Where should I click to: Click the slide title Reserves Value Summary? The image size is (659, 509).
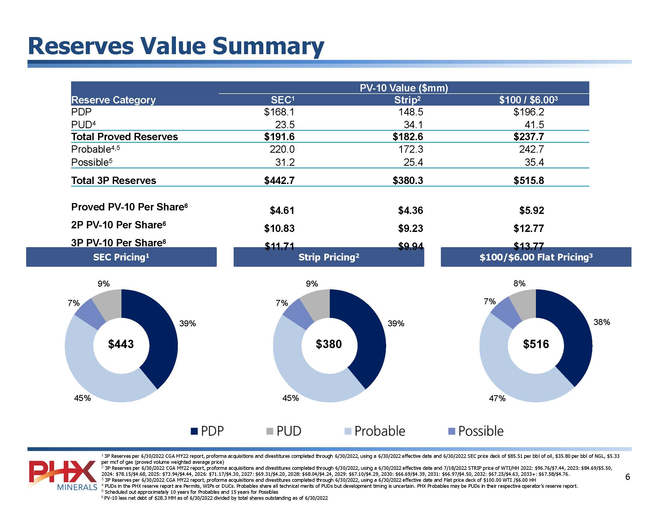tap(176, 46)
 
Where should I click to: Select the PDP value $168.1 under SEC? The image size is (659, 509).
tap(279, 112)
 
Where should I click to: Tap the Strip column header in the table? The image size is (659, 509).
tap(407, 100)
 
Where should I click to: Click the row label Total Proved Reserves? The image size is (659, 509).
tap(124, 137)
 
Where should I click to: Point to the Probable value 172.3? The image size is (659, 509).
tap(411, 149)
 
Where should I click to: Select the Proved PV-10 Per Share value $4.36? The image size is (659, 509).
tap(410, 210)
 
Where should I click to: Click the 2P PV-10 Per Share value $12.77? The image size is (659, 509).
tap(529, 228)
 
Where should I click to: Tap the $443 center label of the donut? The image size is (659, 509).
tap(121, 344)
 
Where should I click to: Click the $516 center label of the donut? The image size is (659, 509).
tap(536, 344)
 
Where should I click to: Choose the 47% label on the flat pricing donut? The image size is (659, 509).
tap(497, 398)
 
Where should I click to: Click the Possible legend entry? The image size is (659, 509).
tap(476, 431)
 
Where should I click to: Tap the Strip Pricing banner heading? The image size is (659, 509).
tap(329, 257)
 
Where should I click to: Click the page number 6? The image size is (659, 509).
tap(628, 477)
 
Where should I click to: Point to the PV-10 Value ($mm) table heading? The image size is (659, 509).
tap(404, 88)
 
